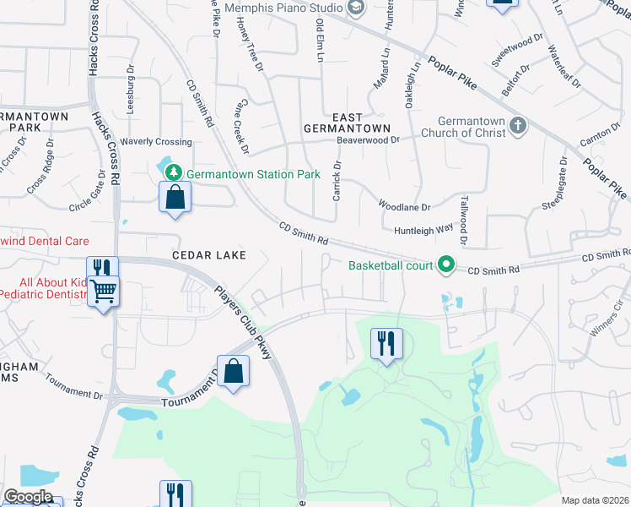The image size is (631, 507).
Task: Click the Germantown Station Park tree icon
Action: (174, 172)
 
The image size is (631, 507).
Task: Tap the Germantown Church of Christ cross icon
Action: (518, 127)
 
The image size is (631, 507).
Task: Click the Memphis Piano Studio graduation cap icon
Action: (356, 8)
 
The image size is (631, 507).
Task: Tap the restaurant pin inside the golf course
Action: (386, 344)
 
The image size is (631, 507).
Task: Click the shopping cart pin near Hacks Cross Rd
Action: (104, 292)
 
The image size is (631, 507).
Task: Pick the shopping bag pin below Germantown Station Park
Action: (175, 199)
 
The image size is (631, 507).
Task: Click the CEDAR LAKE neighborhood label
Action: (209, 254)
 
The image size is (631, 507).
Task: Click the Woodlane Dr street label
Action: (404, 206)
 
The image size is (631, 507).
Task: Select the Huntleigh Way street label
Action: (423, 228)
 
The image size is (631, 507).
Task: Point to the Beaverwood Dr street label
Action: (367, 139)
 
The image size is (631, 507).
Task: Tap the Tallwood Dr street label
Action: (463, 220)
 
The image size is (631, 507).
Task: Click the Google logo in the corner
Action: (28, 497)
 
